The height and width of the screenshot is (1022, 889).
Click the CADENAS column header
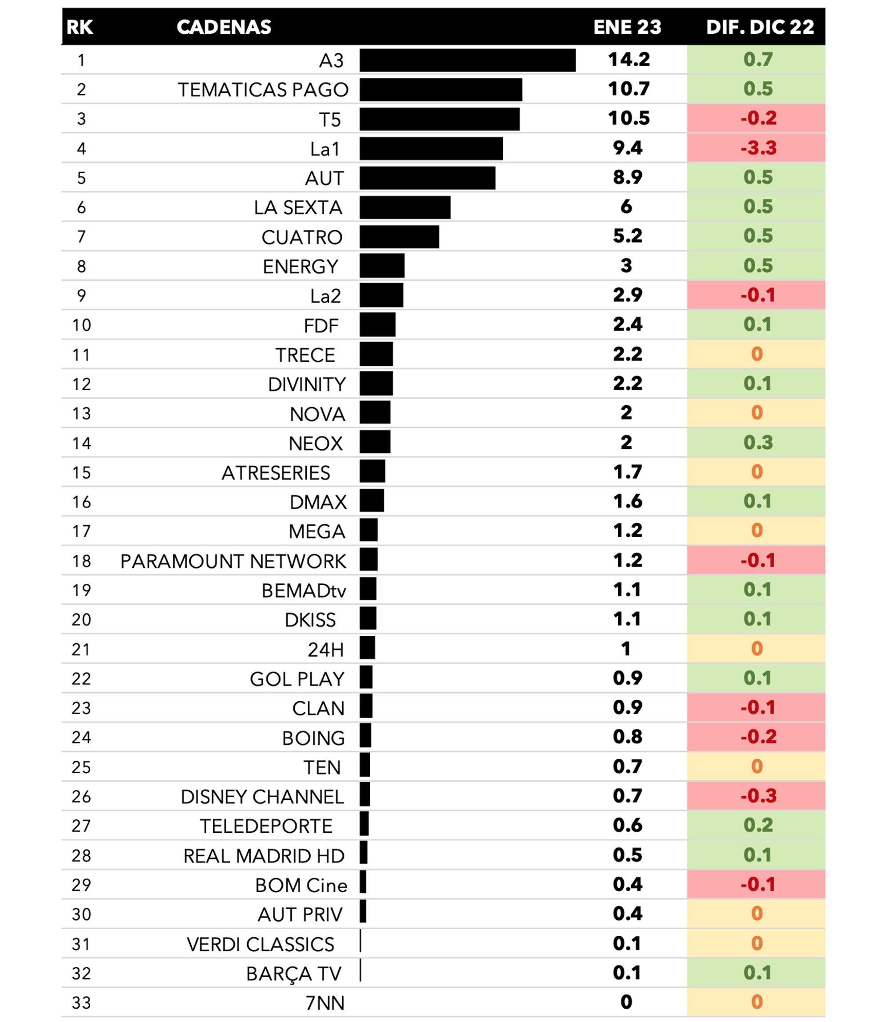[224, 27]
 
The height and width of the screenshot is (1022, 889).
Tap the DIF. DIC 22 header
[760, 27]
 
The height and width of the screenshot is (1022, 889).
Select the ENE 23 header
[627, 27]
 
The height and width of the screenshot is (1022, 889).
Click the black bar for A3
[467, 60]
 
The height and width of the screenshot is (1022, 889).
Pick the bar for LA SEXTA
[405, 207]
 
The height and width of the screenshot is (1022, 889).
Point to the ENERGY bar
[382, 266]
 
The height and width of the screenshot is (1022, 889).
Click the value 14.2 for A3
[629, 60]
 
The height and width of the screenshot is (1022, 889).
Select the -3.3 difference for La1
[758, 148]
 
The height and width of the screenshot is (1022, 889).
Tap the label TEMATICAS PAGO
[263, 90]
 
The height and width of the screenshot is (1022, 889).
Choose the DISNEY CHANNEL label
[262, 797]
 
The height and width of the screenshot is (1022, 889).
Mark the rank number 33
[81, 1002]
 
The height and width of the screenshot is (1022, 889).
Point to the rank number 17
[81, 531]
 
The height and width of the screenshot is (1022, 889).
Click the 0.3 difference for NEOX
[757, 442]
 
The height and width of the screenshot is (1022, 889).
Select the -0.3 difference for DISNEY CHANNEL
[758, 796]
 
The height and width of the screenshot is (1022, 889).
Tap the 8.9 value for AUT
[628, 177]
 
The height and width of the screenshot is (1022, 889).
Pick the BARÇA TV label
[294, 974]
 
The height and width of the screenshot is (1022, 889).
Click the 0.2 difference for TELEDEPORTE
[757, 825]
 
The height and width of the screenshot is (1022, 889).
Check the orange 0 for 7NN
[757, 1002]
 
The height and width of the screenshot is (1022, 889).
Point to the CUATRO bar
[399, 237]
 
